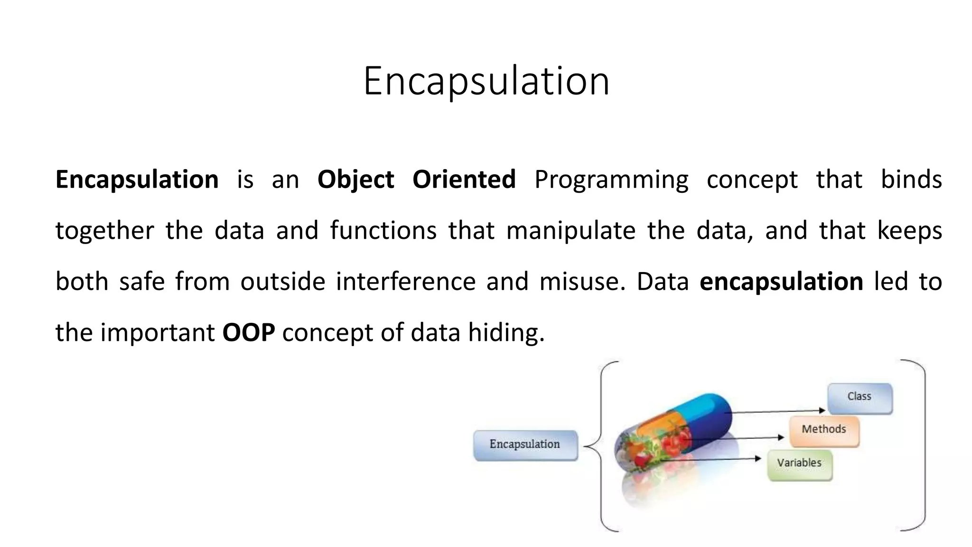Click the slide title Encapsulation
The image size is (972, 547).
486,81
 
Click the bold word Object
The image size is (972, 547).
355,180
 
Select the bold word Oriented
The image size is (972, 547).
464,180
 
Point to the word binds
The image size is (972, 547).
911,180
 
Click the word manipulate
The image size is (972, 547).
570,231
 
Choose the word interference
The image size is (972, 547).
405,281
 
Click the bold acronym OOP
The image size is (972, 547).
248,332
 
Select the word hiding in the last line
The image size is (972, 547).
506,332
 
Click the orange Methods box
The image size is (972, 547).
824,431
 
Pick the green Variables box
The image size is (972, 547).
800,464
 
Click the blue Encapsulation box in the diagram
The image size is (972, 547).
525,445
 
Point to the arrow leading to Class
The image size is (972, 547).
778,411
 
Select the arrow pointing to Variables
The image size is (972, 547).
712,459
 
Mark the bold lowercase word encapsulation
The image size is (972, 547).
781,282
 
